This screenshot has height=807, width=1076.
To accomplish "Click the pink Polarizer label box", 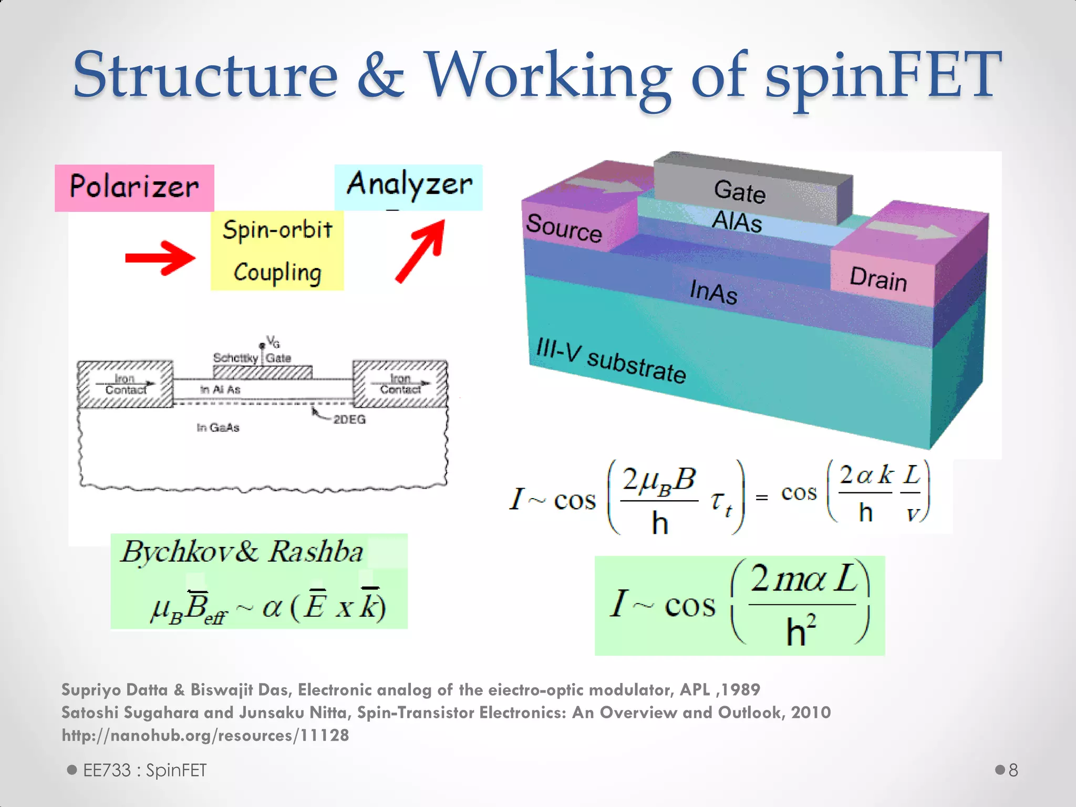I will point(134,188).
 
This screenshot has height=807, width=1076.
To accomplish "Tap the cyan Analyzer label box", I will point(408,187).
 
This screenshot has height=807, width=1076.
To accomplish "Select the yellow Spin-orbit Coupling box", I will point(277,251).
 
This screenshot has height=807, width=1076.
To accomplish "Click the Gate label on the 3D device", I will point(739,191).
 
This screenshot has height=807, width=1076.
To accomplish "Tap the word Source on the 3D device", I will point(564,228).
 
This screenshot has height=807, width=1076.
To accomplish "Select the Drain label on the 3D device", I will point(878,278).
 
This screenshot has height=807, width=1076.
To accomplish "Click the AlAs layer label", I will point(737,221).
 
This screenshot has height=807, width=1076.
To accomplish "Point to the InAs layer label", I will point(713,292).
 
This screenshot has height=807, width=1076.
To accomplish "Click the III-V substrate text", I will point(611,361).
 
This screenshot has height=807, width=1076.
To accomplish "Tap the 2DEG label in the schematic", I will point(349,419).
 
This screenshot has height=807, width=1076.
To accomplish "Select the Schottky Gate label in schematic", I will point(252,358).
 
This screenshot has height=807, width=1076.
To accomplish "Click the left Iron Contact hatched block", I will point(125,385).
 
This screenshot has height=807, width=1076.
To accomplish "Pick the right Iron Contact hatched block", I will point(400,384).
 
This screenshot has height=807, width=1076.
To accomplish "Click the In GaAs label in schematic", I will point(218,428).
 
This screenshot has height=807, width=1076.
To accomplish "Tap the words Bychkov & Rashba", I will point(242,552).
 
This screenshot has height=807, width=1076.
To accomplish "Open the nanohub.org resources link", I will point(205,735).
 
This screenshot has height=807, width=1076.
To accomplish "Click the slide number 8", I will point(1013,770).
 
